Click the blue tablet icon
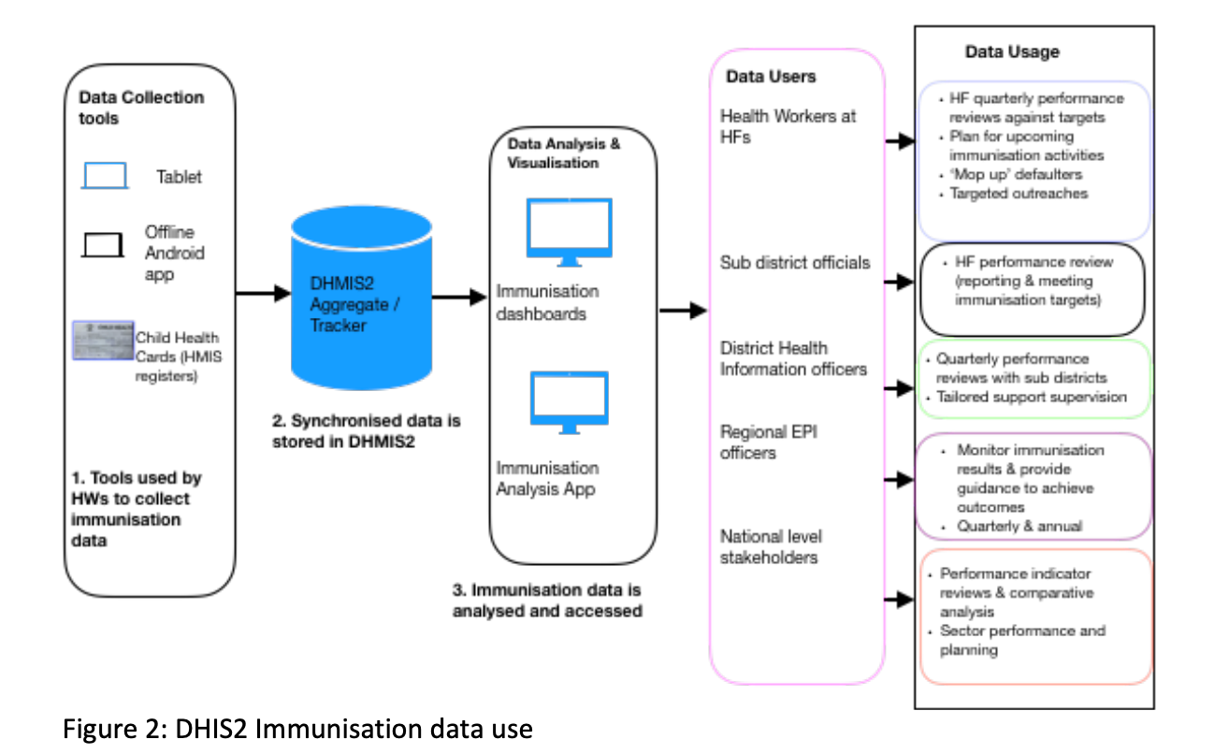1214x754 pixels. pyautogui.click(x=105, y=176)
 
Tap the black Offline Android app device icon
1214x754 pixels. pyautogui.click(x=103, y=244)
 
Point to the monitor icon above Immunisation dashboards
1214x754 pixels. pyautogui.click(x=569, y=228)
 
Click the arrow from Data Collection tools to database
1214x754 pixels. pyautogui.click(x=263, y=294)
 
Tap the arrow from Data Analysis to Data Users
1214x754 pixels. pyautogui.click(x=683, y=310)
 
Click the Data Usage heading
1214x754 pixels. pyautogui.click(x=1012, y=52)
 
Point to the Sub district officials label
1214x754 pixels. pyautogui.click(x=794, y=263)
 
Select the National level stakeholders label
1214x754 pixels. pyautogui.click(x=770, y=546)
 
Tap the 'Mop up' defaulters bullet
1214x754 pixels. pyautogui.click(x=1016, y=174)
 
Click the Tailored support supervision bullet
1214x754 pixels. pyautogui.click(x=1031, y=397)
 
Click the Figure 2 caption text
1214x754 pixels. pyautogui.click(x=297, y=729)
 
